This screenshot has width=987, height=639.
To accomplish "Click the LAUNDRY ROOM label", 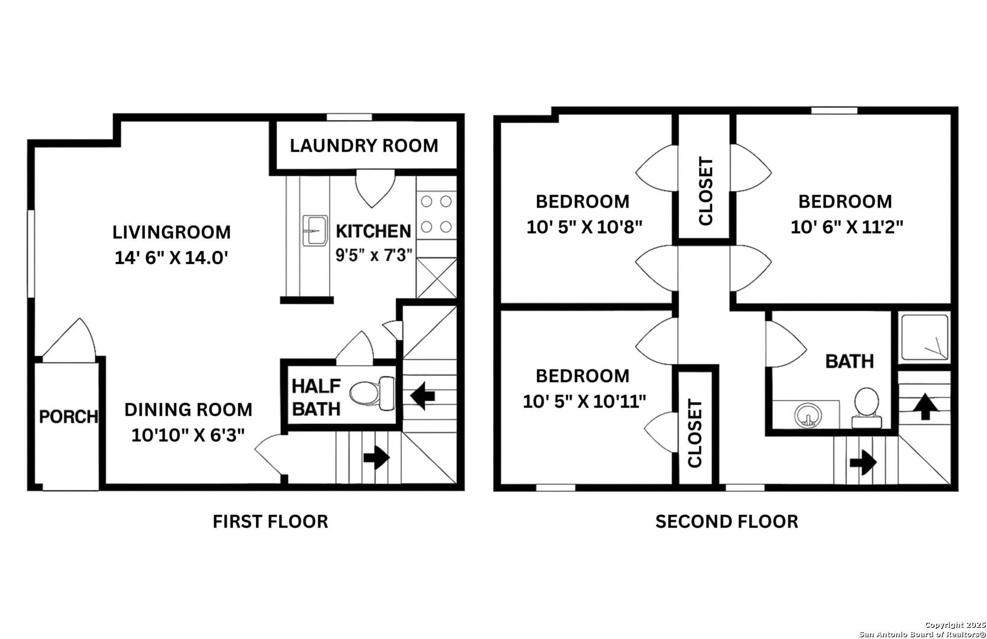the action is point(364,146).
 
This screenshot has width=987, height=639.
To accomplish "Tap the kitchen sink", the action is point(315,230).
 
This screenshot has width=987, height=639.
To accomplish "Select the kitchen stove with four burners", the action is point(436,215).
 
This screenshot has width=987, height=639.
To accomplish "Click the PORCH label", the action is point(68,417).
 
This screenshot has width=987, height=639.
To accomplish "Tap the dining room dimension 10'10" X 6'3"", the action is point(187,435).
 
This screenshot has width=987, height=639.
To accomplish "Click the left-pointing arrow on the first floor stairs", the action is point(423,396).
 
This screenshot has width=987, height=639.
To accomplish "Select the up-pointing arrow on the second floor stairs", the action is point(925,406).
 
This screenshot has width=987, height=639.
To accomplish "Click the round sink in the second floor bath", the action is point(808,415).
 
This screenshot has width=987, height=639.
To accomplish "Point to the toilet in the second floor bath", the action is point(866,408).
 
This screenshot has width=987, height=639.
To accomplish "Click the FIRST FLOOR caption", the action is point(270,521).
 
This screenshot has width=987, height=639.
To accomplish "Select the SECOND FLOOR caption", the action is point(727,521).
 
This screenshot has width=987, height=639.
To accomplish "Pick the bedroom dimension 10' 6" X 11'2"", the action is point(846,227).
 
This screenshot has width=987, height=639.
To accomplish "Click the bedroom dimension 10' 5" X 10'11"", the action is point(584,401).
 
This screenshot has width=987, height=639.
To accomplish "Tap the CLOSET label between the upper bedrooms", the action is point(706,191).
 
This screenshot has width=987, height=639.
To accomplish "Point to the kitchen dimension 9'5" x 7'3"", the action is point(374,254).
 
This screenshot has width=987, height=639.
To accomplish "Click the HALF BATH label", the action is point(316,398).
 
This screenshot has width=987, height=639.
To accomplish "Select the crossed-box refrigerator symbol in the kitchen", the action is point(436,278).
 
